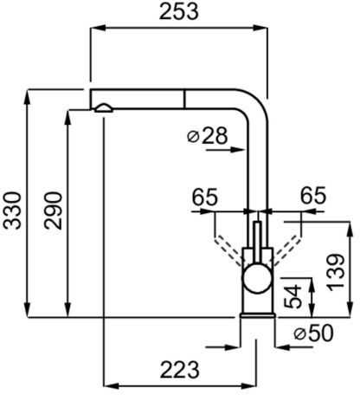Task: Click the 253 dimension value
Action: (179, 12)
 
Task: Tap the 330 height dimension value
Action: (12, 210)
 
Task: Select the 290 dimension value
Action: (53, 210)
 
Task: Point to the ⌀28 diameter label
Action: (208, 135)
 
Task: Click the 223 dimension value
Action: (179, 370)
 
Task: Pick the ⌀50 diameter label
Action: (313, 333)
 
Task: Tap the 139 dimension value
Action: (336, 272)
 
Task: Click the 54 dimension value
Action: (292, 296)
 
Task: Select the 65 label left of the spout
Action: (205, 197)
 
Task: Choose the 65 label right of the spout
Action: (313, 196)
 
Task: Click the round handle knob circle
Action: (258, 278)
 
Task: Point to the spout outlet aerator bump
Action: (103, 108)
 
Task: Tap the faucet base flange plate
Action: (258, 315)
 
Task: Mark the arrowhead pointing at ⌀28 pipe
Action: (239, 150)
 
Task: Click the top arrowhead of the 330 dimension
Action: (28, 97)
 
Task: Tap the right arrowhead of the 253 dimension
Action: (260, 28)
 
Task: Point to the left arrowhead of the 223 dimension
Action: (111, 385)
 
